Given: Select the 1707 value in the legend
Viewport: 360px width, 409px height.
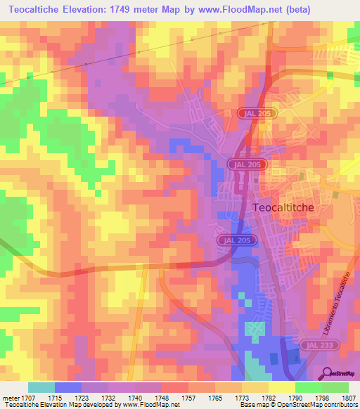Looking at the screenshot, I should pos(28,398).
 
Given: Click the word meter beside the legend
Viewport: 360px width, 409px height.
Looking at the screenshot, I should pos(10,398).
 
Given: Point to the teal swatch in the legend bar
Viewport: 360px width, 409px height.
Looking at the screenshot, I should pos(41,387).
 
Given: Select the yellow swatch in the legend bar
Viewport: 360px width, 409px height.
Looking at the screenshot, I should pos(281,387).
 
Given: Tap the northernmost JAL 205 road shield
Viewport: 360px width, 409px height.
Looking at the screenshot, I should pos(259,112).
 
